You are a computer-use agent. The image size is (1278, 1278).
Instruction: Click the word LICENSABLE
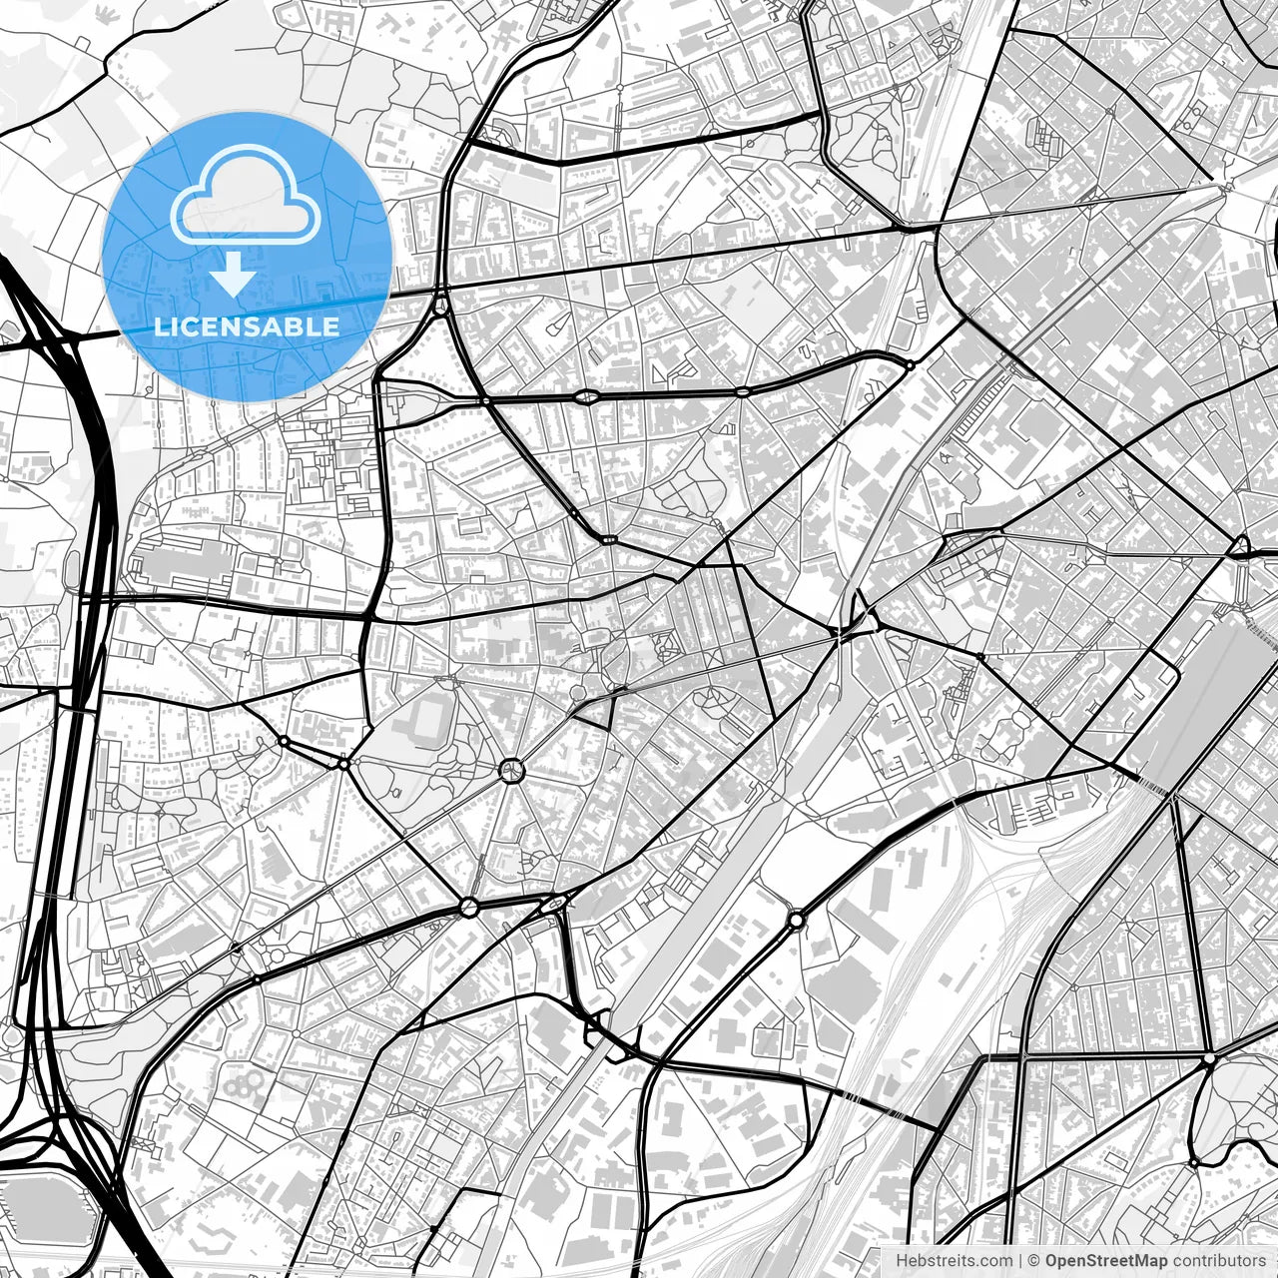[247, 326]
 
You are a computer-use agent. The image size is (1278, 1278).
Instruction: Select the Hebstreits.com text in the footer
[954, 1261]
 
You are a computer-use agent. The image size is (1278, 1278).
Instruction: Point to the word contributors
[1219, 1261]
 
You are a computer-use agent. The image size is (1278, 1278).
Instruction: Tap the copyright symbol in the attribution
[1034, 1261]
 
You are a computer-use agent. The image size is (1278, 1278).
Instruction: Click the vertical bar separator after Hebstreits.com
[1019, 1261]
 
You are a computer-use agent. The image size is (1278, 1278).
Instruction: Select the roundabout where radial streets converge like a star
[510, 769]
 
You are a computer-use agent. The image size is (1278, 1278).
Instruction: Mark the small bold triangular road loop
[597, 711]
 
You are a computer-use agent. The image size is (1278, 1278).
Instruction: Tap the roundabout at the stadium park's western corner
[343, 764]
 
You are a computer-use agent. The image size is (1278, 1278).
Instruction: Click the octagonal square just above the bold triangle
[578, 691]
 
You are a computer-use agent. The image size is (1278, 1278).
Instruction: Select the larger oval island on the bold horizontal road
[586, 397]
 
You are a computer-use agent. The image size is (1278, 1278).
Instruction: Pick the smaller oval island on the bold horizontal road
[743, 392]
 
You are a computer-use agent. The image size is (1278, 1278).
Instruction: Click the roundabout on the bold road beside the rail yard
[796, 919]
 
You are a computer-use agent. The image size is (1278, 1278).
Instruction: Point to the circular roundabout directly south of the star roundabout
[469, 907]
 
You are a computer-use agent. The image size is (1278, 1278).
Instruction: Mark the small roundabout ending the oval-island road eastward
[910, 365]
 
